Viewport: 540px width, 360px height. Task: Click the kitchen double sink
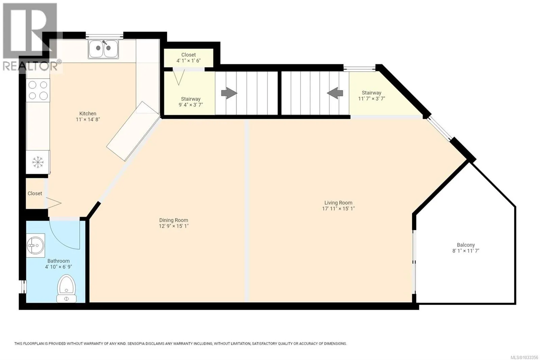[x=103, y=49]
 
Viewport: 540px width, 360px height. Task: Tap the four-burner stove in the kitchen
[x=38, y=91]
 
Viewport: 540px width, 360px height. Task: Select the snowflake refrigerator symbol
[x=38, y=162]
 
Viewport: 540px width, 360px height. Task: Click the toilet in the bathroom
[x=66, y=288]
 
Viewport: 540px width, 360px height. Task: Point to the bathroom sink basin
[x=35, y=246]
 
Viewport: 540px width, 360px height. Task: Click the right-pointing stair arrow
[x=229, y=93]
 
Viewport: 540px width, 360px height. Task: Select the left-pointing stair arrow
[x=335, y=93]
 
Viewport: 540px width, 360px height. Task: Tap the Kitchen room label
[x=88, y=113]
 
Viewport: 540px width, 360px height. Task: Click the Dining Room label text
[x=173, y=220]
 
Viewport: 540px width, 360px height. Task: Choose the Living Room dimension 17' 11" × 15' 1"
[x=339, y=209]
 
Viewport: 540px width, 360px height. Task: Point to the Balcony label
[x=466, y=245]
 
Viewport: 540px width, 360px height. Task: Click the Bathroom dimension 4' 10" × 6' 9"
[x=59, y=267]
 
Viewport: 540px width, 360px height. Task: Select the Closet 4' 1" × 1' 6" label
[x=189, y=58]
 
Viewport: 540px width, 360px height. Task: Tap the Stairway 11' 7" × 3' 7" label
[x=372, y=96]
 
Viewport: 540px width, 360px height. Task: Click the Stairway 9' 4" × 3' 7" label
[x=191, y=102]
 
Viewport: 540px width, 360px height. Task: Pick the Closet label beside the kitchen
[x=35, y=194]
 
